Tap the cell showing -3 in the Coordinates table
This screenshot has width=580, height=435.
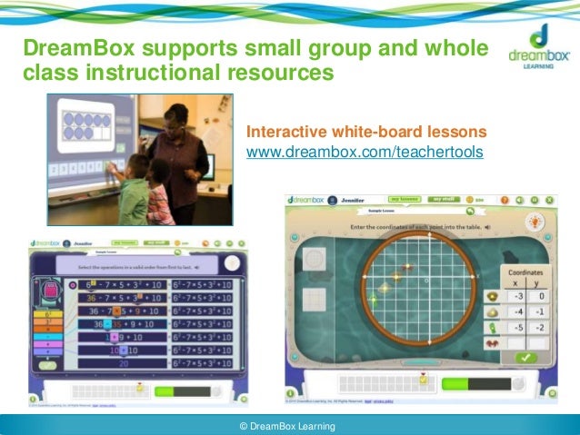(518, 295)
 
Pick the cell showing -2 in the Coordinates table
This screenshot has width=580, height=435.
(539, 327)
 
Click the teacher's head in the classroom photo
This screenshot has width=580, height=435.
(178, 117)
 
